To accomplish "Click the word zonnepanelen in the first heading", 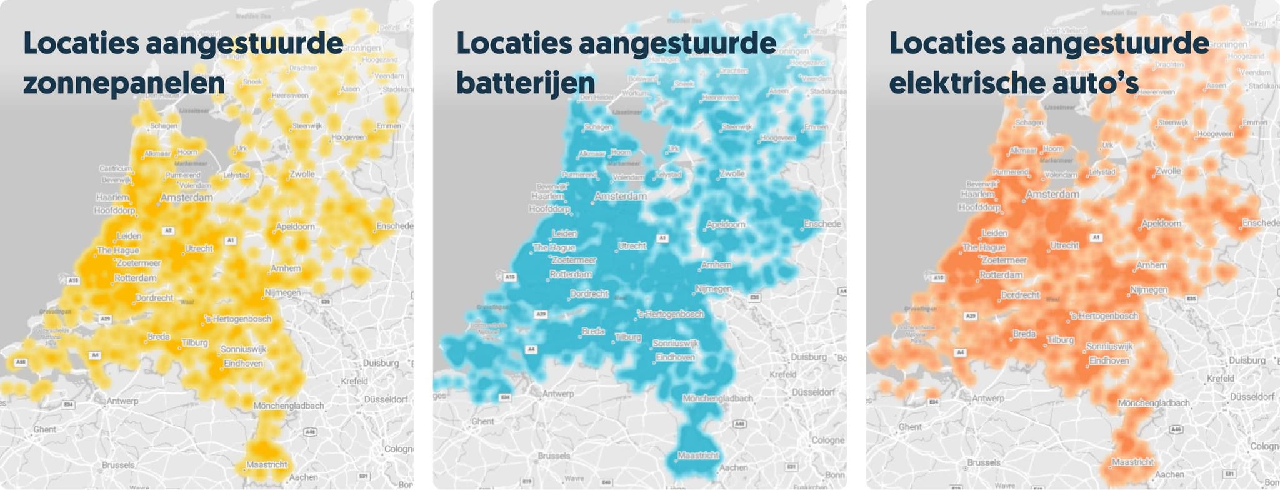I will (124, 84).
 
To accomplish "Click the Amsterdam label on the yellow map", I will (186, 198).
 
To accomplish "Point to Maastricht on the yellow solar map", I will (267, 465).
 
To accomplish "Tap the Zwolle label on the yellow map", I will (302, 174).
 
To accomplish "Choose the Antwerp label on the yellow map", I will (122, 401).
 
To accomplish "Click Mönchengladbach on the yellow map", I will (289, 406).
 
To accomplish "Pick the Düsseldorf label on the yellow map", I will (386, 399).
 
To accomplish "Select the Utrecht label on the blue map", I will (632, 246).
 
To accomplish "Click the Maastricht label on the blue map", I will (698, 456).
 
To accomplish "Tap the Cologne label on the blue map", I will (828, 441).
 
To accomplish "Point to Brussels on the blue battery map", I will (554, 456).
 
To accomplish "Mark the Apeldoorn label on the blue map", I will (726, 225).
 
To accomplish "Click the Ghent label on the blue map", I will (482, 422).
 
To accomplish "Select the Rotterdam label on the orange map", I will (1001, 275).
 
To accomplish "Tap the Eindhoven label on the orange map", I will (1109, 361).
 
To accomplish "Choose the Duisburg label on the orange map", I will (1247, 360).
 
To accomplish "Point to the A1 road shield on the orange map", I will (1096, 238).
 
